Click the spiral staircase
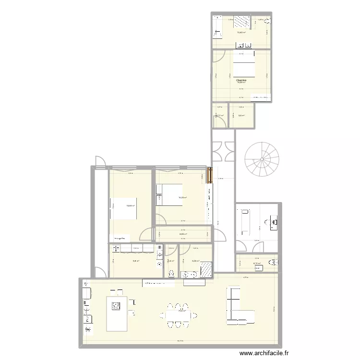point(262,160)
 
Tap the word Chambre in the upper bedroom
point(241,80)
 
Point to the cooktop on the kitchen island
point(117,306)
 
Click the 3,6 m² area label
point(241,116)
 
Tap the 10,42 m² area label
point(241,33)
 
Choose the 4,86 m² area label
point(183,234)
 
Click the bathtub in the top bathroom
point(216,27)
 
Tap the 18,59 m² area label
point(130,206)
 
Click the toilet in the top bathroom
point(268,22)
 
